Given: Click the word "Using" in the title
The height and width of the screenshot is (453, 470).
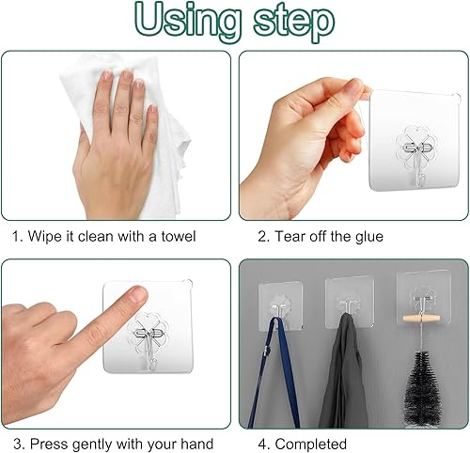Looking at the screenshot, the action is pos(188,21).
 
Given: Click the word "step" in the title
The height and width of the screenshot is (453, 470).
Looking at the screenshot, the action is pos(293,23).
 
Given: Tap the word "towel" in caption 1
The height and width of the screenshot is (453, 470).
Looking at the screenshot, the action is pos(178,236).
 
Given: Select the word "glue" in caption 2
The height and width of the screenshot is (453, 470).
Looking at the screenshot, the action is pos(368,237).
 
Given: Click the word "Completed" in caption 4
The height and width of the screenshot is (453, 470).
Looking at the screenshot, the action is pos(310,445).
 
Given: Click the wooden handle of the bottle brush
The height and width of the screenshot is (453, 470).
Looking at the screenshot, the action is pos(421,320).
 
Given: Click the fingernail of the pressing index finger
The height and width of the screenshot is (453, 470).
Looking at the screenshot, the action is pos(138,293).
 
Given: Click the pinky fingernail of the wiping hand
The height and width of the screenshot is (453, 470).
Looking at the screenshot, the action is pos(153,108).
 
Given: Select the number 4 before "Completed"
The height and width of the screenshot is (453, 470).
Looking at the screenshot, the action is pos(262,445).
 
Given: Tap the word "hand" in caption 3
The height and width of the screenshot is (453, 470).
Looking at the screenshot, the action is pos(197,445).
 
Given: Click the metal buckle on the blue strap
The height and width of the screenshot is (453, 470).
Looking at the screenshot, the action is pos(267,351).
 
